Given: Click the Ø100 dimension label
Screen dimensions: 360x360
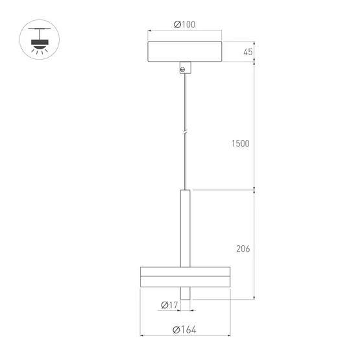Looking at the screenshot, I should point(185,25).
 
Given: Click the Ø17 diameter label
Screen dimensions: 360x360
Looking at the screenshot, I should point(169,306).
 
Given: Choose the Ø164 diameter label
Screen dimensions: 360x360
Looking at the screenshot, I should point(185,330).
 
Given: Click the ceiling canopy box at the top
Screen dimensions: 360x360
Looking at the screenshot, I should point(185,51).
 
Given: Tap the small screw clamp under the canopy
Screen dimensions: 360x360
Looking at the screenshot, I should point(185,67).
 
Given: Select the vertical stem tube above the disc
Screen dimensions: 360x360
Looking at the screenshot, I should point(185,227).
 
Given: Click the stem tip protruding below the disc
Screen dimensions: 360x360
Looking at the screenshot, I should point(185,293).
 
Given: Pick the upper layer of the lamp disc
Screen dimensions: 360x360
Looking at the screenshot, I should point(185,271).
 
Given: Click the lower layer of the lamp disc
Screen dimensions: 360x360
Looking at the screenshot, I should point(185,281).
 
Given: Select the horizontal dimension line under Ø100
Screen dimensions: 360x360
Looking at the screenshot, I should point(185,31).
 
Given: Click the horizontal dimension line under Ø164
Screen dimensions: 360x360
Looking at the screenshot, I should point(185,337).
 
